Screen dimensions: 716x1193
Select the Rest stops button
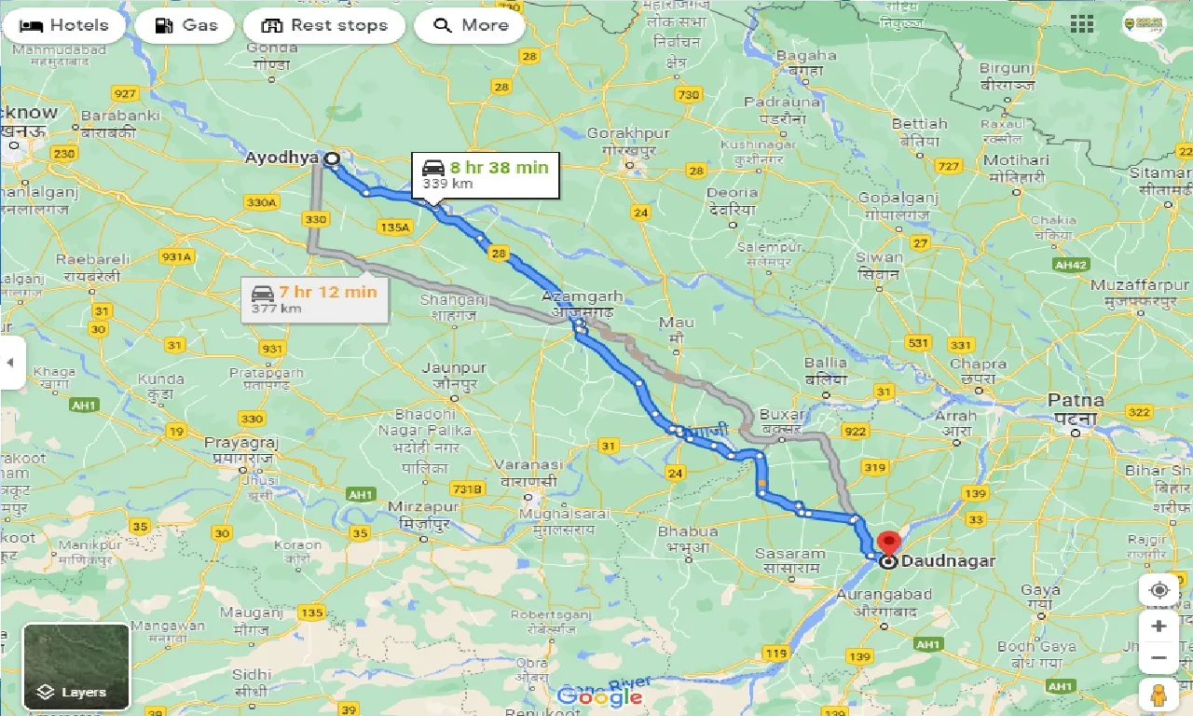324,25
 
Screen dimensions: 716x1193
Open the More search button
469,25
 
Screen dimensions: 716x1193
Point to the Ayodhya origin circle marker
331,158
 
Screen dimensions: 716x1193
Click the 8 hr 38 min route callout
486,174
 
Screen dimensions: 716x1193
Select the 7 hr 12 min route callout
314,298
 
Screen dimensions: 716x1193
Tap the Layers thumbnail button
76,666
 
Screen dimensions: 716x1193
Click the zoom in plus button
1159,626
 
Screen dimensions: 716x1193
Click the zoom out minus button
1159,658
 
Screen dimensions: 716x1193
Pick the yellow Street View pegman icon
1159,695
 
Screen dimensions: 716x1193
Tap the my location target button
1159,590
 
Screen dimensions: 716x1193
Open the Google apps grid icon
1082,24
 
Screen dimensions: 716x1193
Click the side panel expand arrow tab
10,362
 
